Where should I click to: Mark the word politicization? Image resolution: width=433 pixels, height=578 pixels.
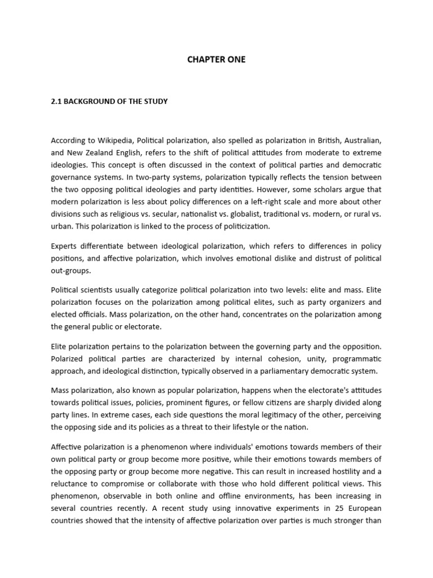point(244,226)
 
